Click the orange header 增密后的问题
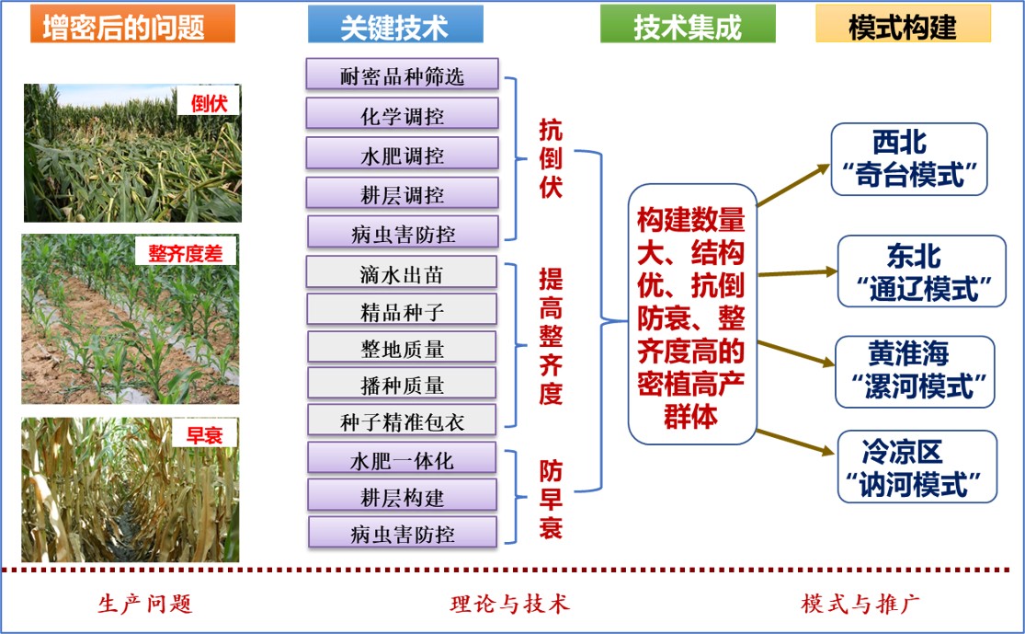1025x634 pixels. [x=132, y=25]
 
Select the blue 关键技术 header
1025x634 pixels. [x=395, y=25]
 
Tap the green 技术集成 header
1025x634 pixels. [x=688, y=25]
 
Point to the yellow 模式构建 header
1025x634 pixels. [x=903, y=25]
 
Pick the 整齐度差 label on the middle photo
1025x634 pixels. [x=186, y=252]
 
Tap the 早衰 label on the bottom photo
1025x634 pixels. [x=204, y=434]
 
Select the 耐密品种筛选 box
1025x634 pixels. [x=402, y=75]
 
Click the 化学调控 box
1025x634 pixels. [x=402, y=114]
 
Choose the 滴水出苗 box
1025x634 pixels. [x=402, y=273]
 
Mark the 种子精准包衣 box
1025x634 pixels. [x=402, y=421]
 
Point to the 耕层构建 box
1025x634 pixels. [x=402, y=496]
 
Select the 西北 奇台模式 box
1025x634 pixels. [x=908, y=159]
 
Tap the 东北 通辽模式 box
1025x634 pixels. [x=922, y=271]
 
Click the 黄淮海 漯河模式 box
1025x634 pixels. [x=916, y=372]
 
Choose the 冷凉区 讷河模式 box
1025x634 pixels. [x=917, y=467]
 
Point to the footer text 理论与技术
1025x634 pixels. [x=510, y=604]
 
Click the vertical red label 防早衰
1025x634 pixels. [x=551, y=499]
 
